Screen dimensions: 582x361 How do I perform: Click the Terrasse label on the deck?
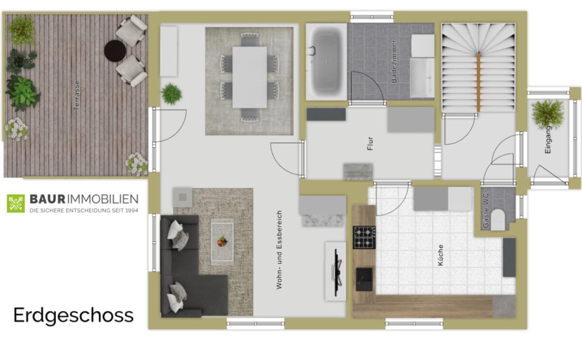[x=76, y=95]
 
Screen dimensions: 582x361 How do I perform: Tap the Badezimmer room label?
[x=394, y=61]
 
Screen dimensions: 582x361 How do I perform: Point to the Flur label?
[x=370, y=144]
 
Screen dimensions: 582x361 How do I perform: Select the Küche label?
[x=440, y=255]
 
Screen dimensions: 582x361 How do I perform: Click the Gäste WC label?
[x=485, y=211]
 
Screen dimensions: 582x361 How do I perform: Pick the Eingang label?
[x=548, y=140]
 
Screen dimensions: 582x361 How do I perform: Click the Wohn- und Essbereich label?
[x=279, y=250]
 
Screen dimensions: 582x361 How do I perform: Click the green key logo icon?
[x=16, y=203]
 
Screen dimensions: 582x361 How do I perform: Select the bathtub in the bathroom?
[x=326, y=62]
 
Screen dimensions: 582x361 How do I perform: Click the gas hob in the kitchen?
[x=364, y=237]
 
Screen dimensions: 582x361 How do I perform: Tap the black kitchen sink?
[x=364, y=279]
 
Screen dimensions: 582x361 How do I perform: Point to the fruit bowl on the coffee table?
[x=222, y=241]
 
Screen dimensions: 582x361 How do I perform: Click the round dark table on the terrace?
[x=115, y=51]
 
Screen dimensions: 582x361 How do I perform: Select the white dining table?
[x=250, y=77]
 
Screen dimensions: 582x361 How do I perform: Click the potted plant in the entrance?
[x=548, y=114]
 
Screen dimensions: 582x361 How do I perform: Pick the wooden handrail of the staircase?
[x=478, y=82]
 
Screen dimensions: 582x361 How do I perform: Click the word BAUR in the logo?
[x=47, y=199]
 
